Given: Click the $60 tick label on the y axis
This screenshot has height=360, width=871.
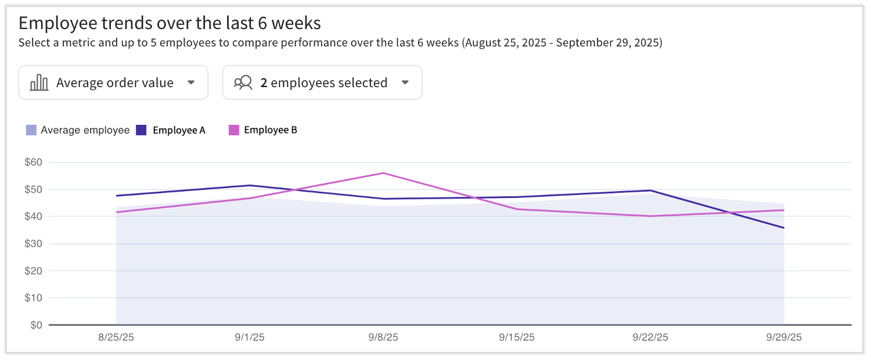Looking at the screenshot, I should [x=33, y=163].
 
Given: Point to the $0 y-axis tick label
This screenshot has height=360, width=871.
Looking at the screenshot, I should [x=36, y=325].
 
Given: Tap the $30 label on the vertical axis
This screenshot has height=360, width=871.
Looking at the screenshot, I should [x=33, y=244].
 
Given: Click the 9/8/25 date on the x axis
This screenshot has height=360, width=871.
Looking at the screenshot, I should [x=383, y=337].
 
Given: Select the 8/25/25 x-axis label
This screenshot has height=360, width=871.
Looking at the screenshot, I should [x=116, y=337].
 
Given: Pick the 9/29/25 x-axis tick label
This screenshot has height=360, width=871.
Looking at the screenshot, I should [x=784, y=337].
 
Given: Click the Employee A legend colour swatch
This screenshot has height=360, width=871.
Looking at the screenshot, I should [x=141, y=130].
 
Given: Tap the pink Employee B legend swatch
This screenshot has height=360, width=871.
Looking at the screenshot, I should [x=233, y=130].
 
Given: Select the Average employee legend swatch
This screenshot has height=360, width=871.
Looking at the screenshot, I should [x=31, y=130].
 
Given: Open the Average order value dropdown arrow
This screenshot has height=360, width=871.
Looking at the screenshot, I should [x=191, y=82].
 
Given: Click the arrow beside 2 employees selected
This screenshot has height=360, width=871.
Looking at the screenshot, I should [x=405, y=82].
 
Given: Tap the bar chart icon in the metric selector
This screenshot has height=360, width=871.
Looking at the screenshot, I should [x=39, y=82].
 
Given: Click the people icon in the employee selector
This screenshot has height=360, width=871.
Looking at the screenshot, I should [x=243, y=82].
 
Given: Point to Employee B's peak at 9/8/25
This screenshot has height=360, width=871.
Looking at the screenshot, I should [x=383, y=173].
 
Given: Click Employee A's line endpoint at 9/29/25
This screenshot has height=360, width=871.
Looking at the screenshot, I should [x=784, y=228].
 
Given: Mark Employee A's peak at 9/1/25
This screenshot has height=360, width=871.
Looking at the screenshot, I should [x=250, y=185].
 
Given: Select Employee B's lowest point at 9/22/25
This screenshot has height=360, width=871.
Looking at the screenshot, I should [x=650, y=216].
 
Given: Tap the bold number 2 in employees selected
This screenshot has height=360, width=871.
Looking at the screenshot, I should [x=264, y=82].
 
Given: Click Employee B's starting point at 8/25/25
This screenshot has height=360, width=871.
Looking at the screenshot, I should [x=117, y=212].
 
